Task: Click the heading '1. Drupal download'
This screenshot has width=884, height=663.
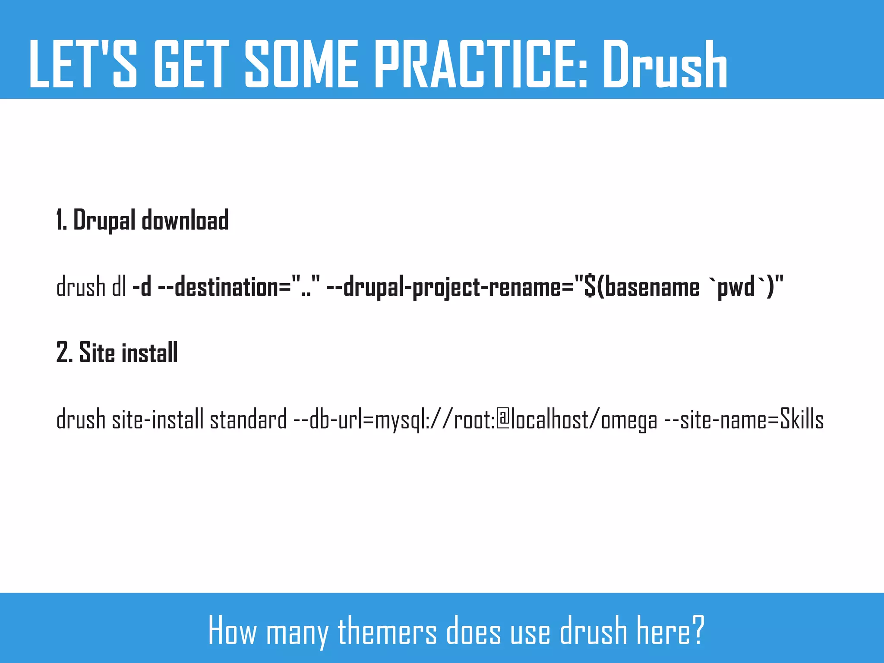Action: pos(142,220)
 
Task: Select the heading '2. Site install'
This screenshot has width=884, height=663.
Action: pos(117,353)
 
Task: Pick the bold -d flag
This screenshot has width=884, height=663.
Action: pos(142,287)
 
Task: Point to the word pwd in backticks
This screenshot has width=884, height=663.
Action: pos(736,287)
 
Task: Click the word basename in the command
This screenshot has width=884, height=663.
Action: pos(652,287)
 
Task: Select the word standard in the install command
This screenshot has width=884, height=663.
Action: pos(248,419)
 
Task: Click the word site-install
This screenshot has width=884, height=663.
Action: pos(158,419)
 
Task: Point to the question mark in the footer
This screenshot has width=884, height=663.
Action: pos(698,631)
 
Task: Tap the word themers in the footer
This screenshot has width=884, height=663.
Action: pos(387,631)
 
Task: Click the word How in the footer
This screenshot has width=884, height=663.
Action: pos(233,631)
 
